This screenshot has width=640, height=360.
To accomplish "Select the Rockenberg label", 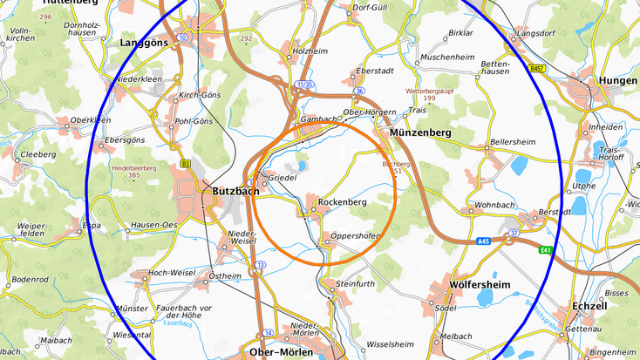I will [x=341, y=202].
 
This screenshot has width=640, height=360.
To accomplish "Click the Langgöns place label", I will [x=140, y=41].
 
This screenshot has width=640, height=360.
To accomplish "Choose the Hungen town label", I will [x=618, y=80].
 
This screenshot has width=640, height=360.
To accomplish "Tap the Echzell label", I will [x=590, y=306].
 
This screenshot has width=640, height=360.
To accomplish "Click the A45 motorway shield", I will [x=484, y=241].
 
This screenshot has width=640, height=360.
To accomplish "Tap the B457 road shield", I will [x=536, y=66].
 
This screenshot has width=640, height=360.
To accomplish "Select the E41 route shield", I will [x=546, y=250].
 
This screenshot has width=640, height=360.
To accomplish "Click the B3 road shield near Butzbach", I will [x=185, y=163].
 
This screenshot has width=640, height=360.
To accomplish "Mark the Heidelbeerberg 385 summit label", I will [x=133, y=171].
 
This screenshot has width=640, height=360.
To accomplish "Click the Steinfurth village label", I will [x=354, y=283].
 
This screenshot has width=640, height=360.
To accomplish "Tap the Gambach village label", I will [x=317, y=119].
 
